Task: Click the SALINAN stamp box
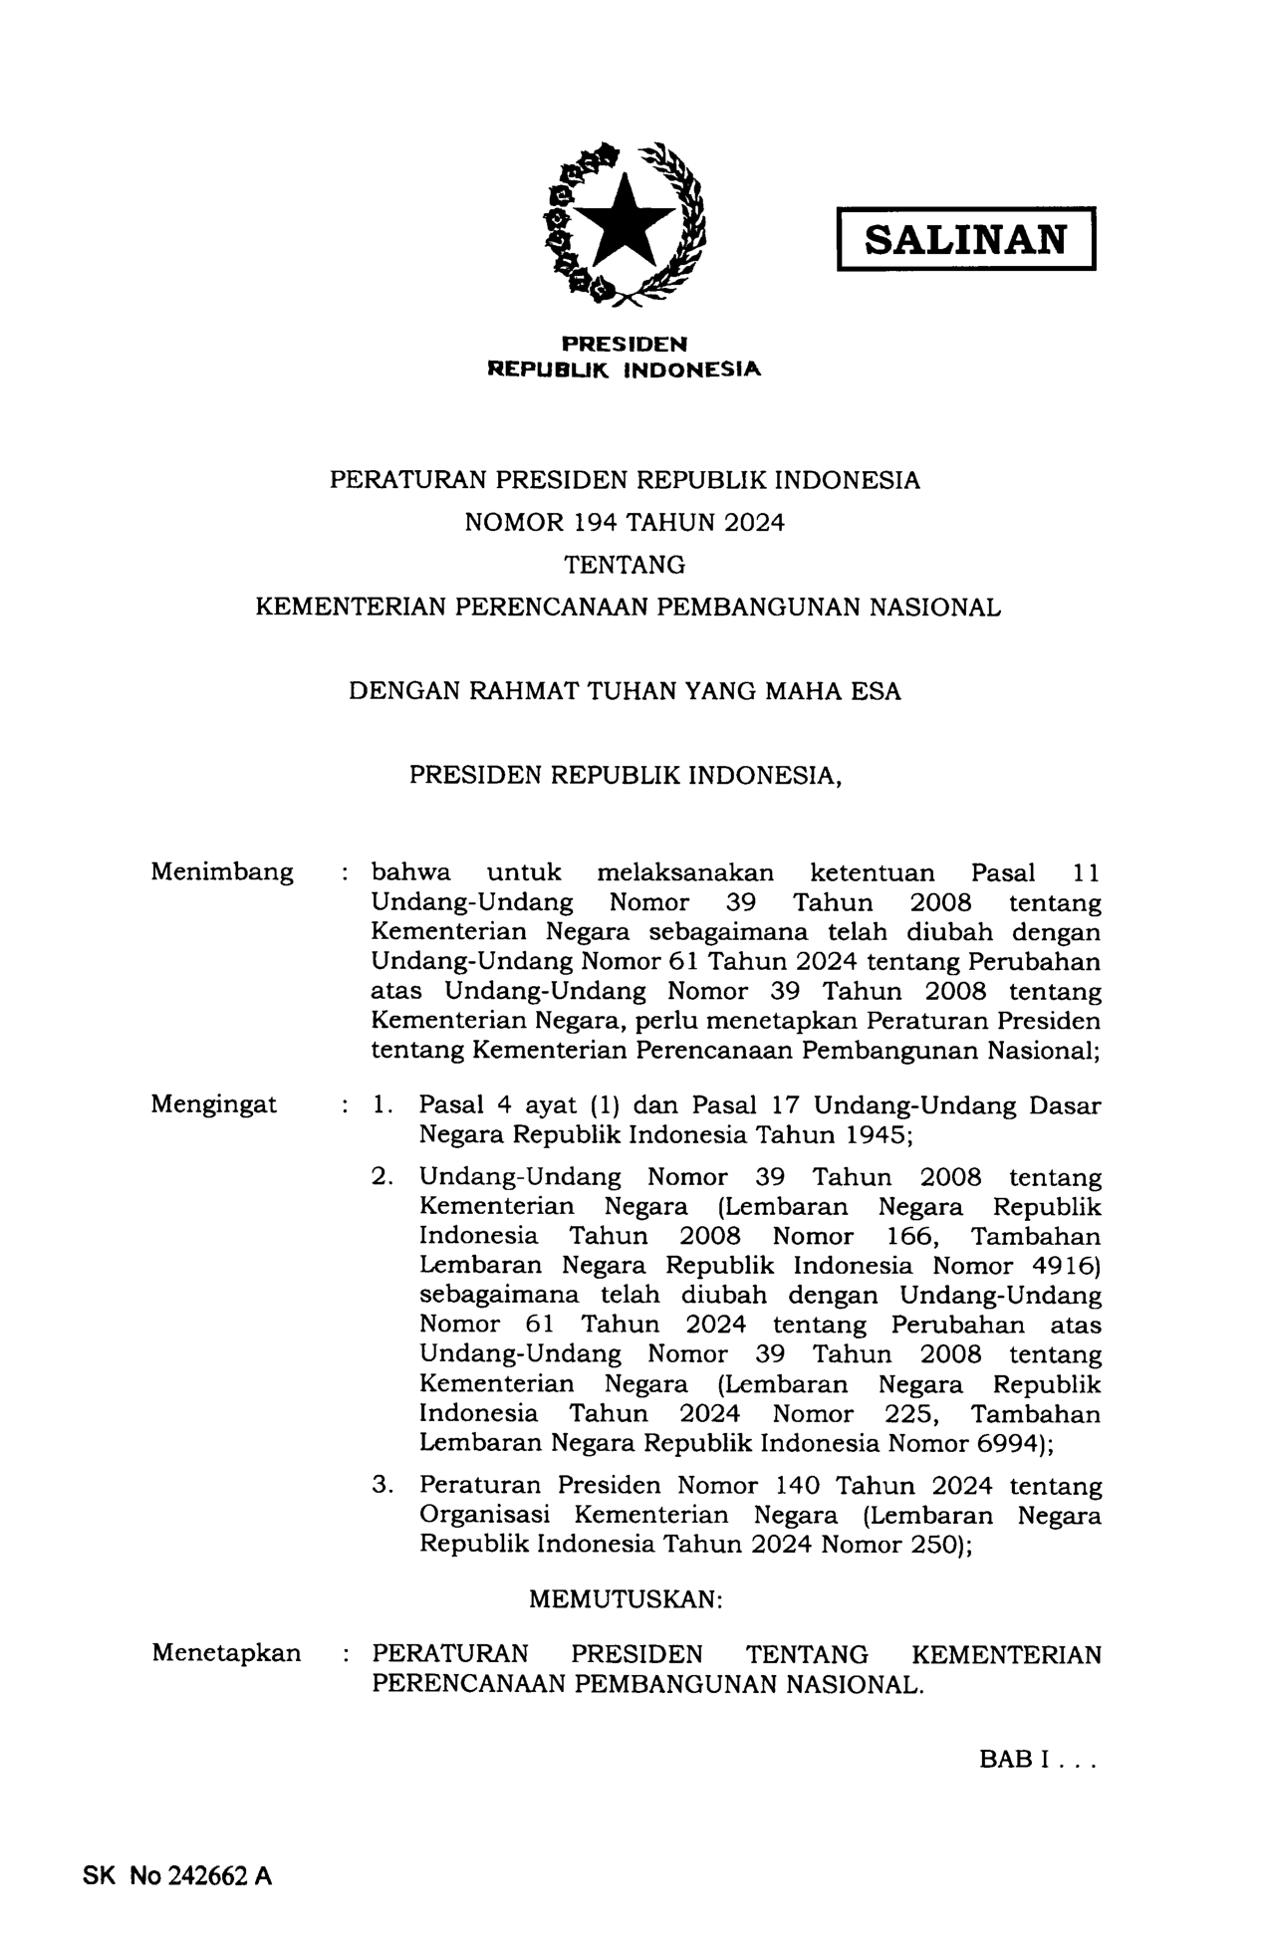tap(965, 239)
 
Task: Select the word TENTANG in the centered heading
tap(625, 565)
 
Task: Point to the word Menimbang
tap(222, 872)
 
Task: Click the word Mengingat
tap(214, 1103)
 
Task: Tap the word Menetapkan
tap(226, 1653)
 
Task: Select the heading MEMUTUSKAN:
tap(625, 1600)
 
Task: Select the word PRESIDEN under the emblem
tap(625, 345)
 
